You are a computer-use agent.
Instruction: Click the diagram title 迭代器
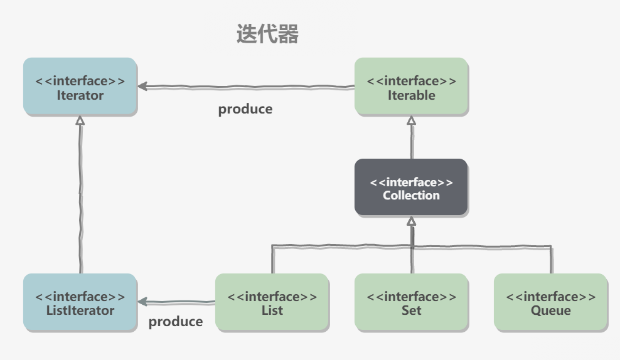[267, 34]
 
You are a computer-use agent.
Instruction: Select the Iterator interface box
[80, 87]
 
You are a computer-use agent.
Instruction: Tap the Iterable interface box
[411, 87]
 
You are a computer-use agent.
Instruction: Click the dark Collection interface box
[411, 188]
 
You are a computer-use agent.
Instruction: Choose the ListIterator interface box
[80, 302]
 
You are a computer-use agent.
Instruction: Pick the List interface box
[272, 302]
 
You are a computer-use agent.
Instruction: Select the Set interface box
[411, 302]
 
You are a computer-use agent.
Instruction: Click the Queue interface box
[550, 302]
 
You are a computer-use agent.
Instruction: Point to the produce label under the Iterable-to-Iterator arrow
[245, 110]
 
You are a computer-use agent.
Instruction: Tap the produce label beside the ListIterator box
[176, 322]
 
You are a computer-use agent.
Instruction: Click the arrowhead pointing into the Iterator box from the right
[142, 86]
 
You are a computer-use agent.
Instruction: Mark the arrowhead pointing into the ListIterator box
[142, 302]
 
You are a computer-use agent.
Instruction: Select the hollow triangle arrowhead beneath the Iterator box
[80, 120]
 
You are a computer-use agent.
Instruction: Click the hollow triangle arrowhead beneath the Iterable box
[411, 120]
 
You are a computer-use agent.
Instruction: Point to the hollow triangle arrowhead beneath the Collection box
[411, 221]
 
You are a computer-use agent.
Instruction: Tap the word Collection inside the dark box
[411, 195]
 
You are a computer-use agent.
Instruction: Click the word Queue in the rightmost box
[551, 310]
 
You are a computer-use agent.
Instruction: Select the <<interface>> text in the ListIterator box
[80, 297]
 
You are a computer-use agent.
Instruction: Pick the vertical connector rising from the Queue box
[551, 260]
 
